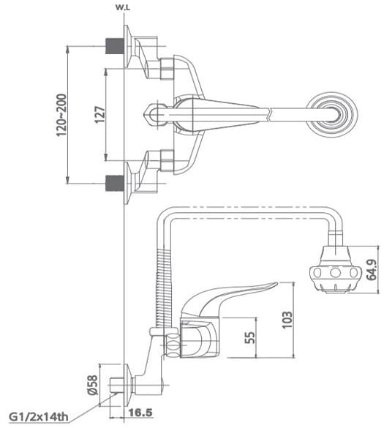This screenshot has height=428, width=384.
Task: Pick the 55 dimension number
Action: click(x=250, y=337)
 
